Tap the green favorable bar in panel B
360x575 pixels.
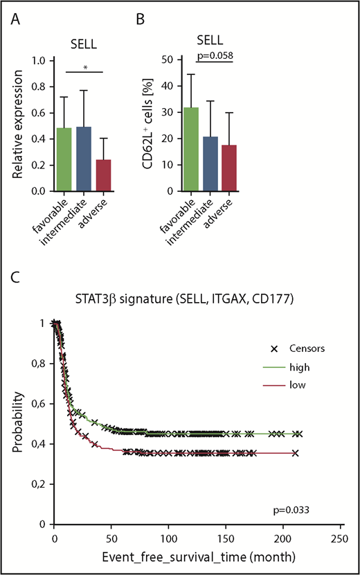190,149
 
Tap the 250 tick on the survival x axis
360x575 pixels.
338,538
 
